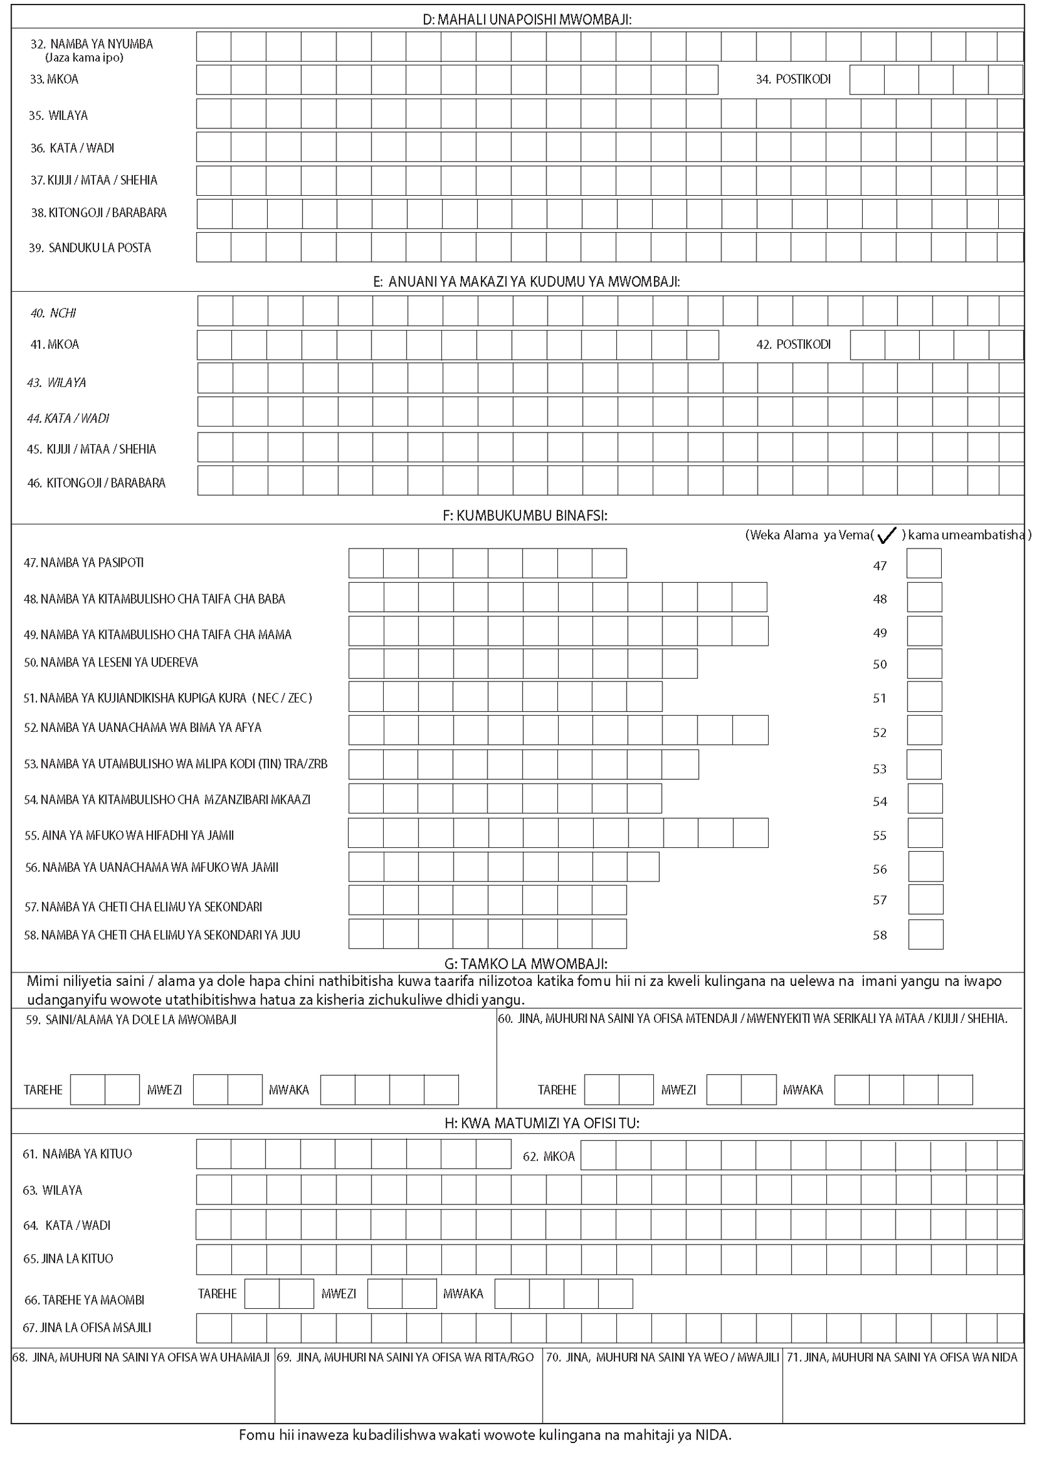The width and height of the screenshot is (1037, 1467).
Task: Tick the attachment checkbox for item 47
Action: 924,563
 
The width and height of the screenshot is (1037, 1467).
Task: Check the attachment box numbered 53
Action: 924,764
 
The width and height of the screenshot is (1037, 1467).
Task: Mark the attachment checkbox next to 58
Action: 925,934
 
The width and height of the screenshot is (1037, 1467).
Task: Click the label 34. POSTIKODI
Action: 793,79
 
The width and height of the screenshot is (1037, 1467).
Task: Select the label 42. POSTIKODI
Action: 793,344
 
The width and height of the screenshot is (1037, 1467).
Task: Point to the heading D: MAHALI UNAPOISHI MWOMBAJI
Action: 526,20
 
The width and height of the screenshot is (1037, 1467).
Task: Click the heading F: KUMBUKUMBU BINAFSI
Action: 525,515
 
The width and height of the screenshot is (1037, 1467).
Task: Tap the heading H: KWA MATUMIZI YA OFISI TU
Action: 542,1123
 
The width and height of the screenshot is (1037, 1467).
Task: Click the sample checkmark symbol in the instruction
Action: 886,535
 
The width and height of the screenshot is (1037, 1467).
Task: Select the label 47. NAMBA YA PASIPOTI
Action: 84,563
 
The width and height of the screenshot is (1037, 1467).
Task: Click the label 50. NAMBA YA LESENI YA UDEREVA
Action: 111,662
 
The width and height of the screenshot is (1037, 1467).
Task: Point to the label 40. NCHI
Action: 53,313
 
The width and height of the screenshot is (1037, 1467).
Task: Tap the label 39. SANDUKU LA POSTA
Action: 89,248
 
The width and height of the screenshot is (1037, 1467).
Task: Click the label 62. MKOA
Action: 548,1156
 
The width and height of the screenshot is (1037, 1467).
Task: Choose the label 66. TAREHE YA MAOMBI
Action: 84,1300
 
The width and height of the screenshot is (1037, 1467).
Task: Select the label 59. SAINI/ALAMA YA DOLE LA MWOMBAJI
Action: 131,1020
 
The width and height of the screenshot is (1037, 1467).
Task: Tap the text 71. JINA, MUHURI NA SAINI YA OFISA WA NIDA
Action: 902,1357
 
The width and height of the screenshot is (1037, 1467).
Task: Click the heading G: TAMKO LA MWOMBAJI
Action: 525,963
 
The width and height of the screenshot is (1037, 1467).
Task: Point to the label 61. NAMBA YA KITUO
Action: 77,1154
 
